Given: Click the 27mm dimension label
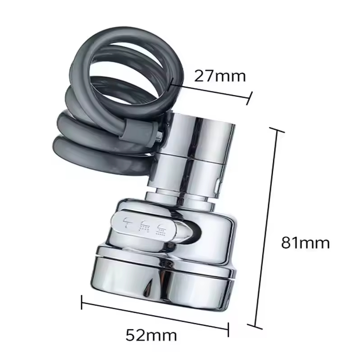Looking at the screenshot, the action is [x=220, y=76].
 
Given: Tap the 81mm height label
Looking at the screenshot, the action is [x=306, y=243].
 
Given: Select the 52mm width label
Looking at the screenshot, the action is [x=151, y=335].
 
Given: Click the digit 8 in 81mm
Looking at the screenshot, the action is [x=287, y=243].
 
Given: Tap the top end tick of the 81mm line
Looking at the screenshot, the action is [x=277, y=130].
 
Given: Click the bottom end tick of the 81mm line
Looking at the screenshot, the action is [x=255, y=327].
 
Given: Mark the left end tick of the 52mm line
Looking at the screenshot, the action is [x=82, y=302].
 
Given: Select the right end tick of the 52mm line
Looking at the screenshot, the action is [x=228, y=330].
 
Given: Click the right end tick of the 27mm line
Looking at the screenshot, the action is [x=249, y=99].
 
